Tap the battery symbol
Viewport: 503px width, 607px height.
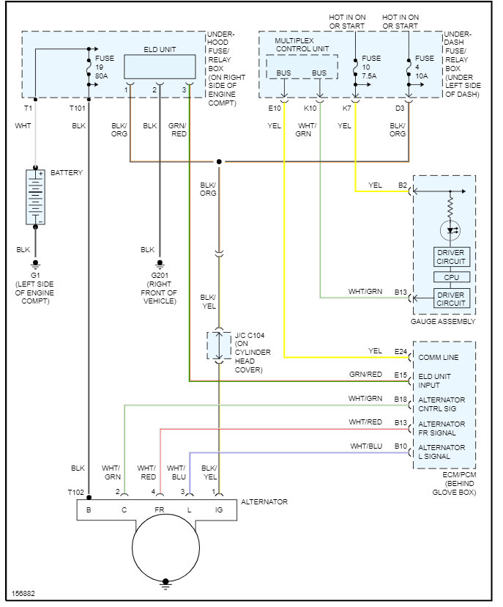click(x=34, y=196)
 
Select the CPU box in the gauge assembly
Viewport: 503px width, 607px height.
click(x=451, y=277)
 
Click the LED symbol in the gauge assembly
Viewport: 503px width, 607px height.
click(x=451, y=230)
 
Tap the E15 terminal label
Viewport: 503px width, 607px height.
click(x=399, y=375)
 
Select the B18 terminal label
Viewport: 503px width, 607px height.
click(x=400, y=399)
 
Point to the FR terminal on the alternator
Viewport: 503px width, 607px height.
click(x=158, y=509)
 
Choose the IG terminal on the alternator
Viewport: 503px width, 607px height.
click(x=219, y=509)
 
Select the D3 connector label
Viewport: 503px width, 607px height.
click(x=400, y=108)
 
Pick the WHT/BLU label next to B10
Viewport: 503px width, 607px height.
click(x=365, y=446)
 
